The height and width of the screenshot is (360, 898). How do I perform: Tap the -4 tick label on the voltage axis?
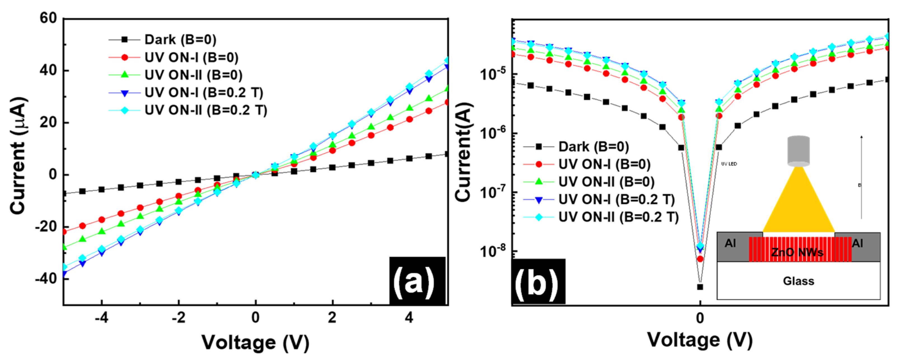tap(101, 317)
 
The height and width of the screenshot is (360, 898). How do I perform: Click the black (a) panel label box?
tap(417, 281)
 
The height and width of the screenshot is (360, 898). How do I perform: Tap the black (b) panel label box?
tap(538, 282)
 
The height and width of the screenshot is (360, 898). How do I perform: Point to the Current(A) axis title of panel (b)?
tap(464, 152)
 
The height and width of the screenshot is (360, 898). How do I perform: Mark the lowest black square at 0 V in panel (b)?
tap(700, 287)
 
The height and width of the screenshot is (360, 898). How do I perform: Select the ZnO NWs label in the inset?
tap(797, 252)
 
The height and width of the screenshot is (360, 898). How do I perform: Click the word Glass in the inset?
tap(798, 281)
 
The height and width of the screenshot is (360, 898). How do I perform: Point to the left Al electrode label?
tap(730, 243)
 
